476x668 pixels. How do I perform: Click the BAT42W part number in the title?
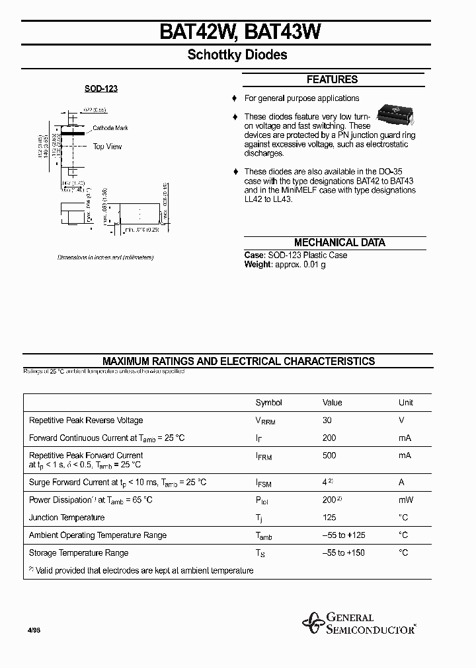[x=195, y=33]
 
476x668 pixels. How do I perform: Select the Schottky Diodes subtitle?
[x=237, y=55]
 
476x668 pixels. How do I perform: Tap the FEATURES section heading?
[x=332, y=80]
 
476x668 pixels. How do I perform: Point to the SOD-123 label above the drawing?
[x=101, y=88]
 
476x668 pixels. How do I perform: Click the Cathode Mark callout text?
[x=110, y=128]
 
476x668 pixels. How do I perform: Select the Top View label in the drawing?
[x=107, y=147]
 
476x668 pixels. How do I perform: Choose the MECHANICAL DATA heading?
[x=339, y=242]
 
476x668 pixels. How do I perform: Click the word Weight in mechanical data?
[x=258, y=265]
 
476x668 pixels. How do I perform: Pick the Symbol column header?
[x=268, y=403]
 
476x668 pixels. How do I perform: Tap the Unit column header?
[x=405, y=403]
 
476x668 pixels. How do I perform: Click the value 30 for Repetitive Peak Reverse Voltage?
[x=327, y=420]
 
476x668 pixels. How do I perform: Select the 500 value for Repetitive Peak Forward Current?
[x=329, y=455]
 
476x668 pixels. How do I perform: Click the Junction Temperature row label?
[x=67, y=518]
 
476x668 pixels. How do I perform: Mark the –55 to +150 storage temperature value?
[x=343, y=553]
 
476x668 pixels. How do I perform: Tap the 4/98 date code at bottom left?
[x=34, y=631]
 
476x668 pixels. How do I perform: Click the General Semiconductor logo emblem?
[x=312, y=622]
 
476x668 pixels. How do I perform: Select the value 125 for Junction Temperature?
[x=329, y=518]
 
